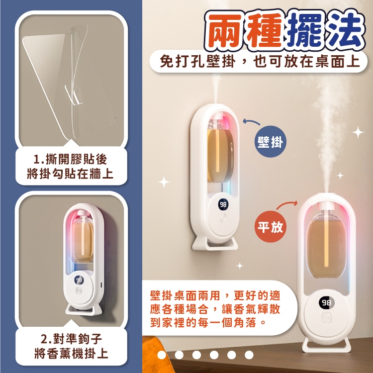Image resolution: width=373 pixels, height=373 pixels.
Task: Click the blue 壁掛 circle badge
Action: pyautogui.click(x=271, y=142)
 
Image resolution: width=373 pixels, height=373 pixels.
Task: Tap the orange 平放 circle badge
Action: pyautogui.click(x=271, y=227)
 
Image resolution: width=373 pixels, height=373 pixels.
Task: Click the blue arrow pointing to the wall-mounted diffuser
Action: pyautogui.click(x=251, y=122)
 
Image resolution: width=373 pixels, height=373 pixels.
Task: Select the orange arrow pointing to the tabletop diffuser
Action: pyautogui.click(x=287, y=204)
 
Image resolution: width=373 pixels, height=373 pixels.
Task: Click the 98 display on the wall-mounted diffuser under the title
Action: pyautogui.click(x=223, y=204)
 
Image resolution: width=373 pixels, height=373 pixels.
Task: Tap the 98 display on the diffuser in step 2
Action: pyautogui.click(x=79, y=280)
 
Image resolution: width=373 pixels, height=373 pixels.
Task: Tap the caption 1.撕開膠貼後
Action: pyautogui.click(x=71, y=159)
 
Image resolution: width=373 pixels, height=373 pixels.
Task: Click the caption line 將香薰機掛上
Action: pyautogui.click(x=71, y=353)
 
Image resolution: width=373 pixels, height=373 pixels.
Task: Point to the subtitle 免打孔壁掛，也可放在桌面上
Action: pyautogui.click(x=260, y=61)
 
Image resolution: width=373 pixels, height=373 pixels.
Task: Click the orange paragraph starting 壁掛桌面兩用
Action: pyautogui.click(x=215, y=309)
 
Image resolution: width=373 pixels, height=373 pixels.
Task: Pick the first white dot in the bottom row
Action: pyautogui.click(x=162, y=355)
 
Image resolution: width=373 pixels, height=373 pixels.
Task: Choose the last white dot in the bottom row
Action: pyautogui.click(x=249, y=355)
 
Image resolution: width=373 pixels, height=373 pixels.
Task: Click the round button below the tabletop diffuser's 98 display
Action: pyautogui.click(x=326, y=318)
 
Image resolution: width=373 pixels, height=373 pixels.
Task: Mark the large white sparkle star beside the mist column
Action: pyautogui.click(x=358, y=132)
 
